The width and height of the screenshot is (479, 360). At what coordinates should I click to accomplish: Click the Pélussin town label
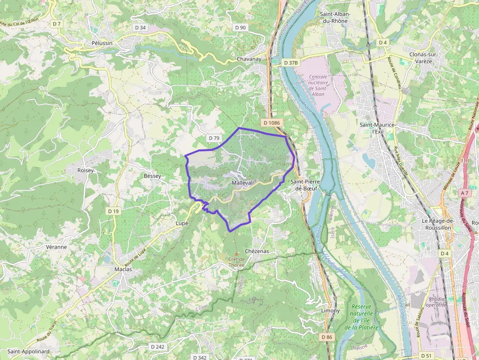[x=102, y=43]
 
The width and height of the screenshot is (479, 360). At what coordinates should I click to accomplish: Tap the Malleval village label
[x=242, y=183]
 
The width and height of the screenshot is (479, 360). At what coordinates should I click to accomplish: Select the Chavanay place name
[x=249, y=59]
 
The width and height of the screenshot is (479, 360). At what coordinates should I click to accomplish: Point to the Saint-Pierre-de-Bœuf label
[x=305, y=185]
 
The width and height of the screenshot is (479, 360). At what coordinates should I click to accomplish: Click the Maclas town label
[x=123, y=270]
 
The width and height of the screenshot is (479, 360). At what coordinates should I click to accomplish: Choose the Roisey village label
[x=85, y=170]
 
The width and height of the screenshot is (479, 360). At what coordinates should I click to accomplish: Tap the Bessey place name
[x=152, y=176]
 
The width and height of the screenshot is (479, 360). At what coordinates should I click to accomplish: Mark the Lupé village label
[x=182, y=223]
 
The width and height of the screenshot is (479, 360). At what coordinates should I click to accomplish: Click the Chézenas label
[x=257, y=251]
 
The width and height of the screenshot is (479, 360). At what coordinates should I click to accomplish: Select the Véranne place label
[x=56, y=247]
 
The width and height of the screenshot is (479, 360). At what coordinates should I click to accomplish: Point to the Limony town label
[x=330, y=311]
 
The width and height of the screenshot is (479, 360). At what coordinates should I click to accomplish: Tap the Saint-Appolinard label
[x=28, y=351]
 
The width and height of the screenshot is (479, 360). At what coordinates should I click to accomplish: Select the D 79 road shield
[x=214, y=138]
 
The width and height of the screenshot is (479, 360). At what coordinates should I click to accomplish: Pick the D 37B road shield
[x=290, y=63]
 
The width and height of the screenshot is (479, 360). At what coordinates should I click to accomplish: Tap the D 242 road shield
[x=158, y=346]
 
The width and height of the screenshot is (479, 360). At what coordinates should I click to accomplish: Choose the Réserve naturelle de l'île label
[x=361, y=317]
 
